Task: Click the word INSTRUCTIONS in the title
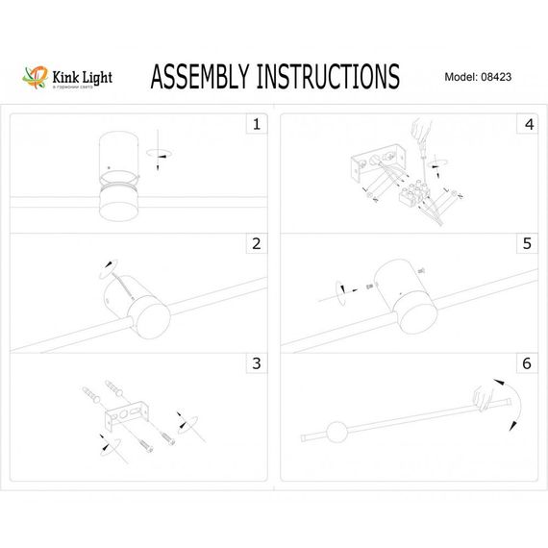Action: [328, 76]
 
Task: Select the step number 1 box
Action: [256, 125]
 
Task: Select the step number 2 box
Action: [256, 244]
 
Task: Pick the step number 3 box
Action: [256, 363]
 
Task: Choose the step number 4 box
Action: [527, 125]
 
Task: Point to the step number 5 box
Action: [527, 244]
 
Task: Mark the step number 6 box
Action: [527, 363]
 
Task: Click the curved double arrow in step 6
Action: [513, 403]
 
